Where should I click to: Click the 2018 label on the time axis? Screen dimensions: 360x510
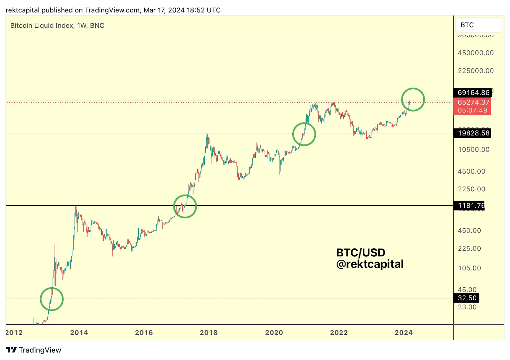tap(208, 333)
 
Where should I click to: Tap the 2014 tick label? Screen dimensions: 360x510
tap(79, 333)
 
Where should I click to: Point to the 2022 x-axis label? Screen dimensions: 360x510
tap(339, 333)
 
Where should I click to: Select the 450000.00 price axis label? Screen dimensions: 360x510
tap(476, 53)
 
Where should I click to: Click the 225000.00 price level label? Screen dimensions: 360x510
tap(476, 71)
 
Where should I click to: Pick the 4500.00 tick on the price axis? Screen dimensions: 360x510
tap(471, 172)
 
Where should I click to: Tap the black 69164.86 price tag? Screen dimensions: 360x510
tap(473, 93)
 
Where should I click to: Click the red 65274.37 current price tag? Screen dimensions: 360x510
tap(473, 102)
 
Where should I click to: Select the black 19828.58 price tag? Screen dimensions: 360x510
tap(473, 133)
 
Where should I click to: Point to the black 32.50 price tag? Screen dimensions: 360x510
tap(467, 298)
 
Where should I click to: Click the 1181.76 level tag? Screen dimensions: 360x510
tap(470, 206)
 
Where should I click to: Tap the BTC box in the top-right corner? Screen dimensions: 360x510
tap(478, 25)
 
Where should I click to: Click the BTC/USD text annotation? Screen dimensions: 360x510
tap(361, 253)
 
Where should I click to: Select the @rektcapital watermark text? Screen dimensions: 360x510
tap(370, 264)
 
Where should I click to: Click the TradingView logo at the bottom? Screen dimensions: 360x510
tap(33, 350)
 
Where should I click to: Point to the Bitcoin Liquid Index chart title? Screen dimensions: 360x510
tap(57, 26)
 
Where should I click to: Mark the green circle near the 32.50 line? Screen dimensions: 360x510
tap(52, 299)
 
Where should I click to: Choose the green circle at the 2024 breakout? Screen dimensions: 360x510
tap(413, 99)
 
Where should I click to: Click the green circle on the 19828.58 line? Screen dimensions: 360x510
tap(304, 134)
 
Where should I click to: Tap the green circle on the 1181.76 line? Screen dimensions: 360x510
tap(185, 207)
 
